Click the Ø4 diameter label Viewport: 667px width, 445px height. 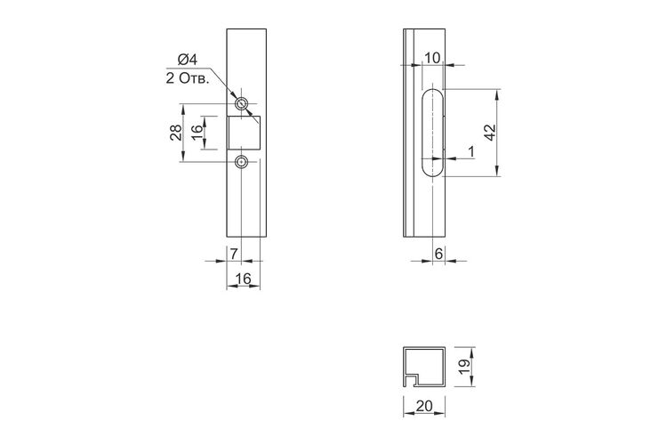click(188, 60)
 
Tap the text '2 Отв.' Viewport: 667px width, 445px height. click(188, 79)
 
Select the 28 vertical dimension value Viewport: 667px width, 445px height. click(176, 133)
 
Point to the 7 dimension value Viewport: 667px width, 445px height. click(234, 254)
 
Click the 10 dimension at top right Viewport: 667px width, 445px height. click(432, 58)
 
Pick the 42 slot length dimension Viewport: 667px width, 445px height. click(490, 133)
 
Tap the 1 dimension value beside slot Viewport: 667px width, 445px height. click(470, 151)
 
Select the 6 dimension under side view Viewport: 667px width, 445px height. click(438, 254)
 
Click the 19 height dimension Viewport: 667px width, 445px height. click(464, 366)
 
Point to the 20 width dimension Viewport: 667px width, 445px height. click(424, 406)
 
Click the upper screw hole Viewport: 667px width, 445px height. click(242, 103)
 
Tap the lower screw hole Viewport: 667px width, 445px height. click(242, 162)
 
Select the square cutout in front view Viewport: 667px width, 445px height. click(244, 133)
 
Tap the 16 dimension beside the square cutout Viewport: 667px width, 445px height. click(197, 133)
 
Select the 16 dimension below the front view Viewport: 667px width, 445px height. click(244, 279)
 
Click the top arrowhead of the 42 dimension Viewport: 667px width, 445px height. click(497, 94)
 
